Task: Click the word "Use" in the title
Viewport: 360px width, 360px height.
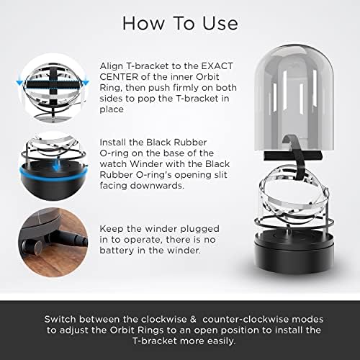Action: (x=220, y=23)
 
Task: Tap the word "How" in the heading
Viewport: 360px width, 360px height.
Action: (x=143, y=23)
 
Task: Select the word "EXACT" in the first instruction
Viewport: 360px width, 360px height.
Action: (x=217, y=66)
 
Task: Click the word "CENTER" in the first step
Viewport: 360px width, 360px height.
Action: (x=119, y=77)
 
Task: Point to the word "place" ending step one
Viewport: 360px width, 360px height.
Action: (x=112, y=109)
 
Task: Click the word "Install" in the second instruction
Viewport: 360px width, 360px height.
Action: (x=113, y=143)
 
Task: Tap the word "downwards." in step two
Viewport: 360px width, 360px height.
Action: (x=142, y=186)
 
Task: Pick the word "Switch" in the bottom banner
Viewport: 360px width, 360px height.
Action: (x=60, y=320)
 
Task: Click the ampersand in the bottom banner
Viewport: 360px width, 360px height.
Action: (x=193, y=320)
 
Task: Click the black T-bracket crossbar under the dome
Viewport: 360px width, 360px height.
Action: (x=292, y=156)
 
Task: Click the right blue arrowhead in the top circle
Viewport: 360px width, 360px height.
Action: (x=86, y=84)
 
